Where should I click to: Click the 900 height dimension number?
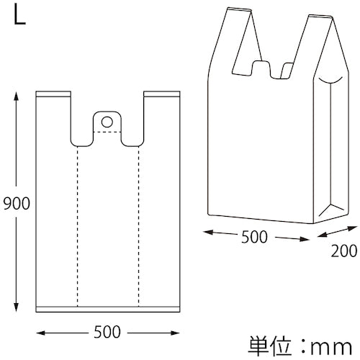(17, 204)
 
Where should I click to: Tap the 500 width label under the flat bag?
(107, 332)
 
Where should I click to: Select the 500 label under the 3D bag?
(254, 237)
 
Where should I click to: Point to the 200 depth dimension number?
(344, 251)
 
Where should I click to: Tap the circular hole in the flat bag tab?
(107, 122)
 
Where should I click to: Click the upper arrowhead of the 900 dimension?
(16, 96)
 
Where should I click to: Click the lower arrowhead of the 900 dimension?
(16, 307)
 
